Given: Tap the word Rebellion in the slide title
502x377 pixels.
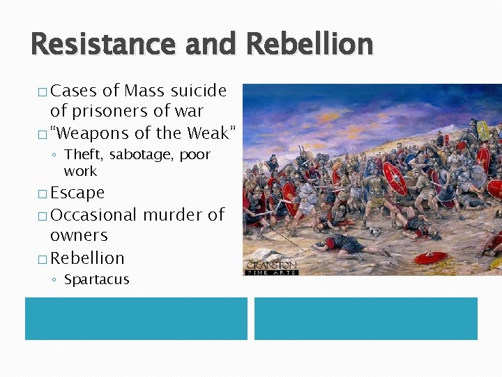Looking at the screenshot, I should [x=310, y=44].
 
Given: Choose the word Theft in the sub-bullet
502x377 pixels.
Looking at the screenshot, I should [x=82, y=154].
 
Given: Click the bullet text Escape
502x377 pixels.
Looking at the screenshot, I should [x=77, y=193].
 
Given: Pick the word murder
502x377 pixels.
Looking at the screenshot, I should [x=173, y=215].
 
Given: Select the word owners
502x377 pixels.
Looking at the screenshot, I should [x=79, y=236].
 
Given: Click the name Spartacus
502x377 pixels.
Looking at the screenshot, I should [x=97, y=280].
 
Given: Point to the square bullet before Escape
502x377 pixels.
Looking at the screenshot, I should [x=43, y=193].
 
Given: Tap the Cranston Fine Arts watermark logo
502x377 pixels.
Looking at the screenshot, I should [x=271, y=267].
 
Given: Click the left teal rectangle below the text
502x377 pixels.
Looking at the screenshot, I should [x=136, y=318].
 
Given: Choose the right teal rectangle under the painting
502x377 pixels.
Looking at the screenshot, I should [x=365, y=318].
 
